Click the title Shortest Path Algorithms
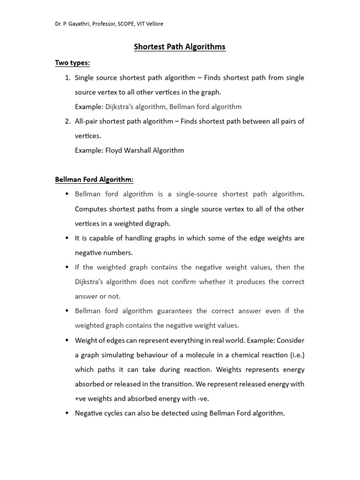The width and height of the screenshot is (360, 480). pyautogui.click(x=180, y=47)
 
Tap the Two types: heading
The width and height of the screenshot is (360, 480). pyautogui.click(x=73, y=63)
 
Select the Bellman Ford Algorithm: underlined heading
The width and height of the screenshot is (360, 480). pyautogui.click(x=94, y=180)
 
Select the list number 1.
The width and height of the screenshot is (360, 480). pyautogui.click(x=67, y=77)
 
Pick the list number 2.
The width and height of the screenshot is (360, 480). pyautogui.click(x=67, y=121)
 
